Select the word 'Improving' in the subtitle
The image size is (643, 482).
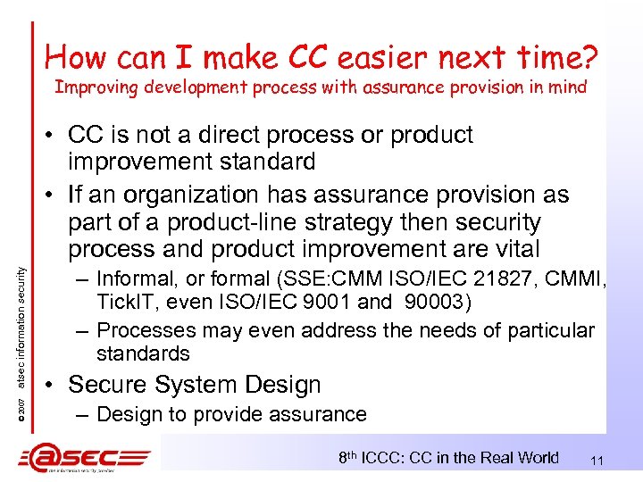(x=89, y=87)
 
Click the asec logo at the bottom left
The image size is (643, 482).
(x=85, y=458)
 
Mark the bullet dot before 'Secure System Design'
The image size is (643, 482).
(x=53, y=385)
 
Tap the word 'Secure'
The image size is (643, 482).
(x=109, y=385)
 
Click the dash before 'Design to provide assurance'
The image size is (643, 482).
(x=83, y=414)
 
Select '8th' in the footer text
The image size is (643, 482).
(x=351, y=457)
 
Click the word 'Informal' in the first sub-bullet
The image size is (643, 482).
(x=135, y=278)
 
